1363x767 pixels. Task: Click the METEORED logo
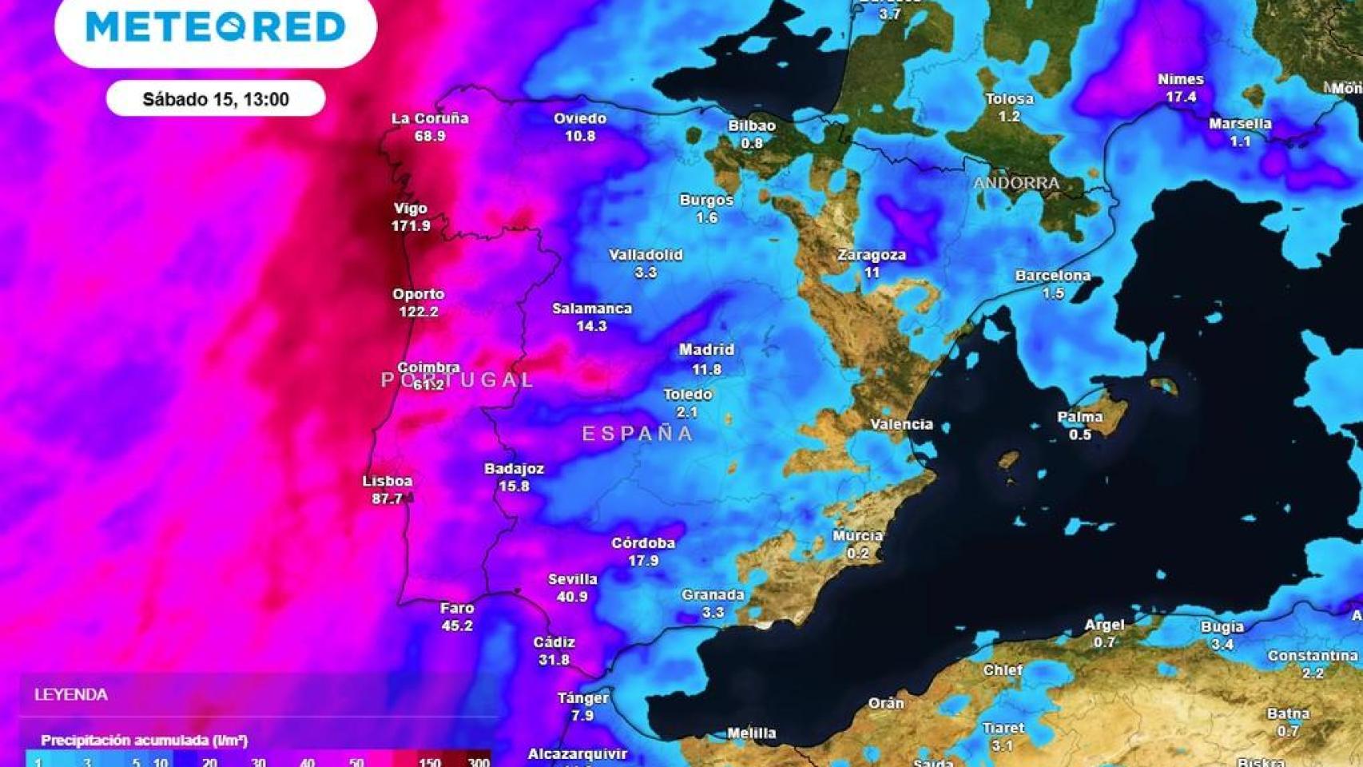coord(215,26)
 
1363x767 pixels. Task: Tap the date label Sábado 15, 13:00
coord(216,99)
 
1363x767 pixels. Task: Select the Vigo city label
coord(411,209)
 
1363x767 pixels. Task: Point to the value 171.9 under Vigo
coord(411,226)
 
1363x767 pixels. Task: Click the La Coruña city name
coord(430,118)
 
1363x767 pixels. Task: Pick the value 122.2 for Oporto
coord(418,312)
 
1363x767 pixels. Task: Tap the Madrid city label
coord(706,350)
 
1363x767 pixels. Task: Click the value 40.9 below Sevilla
coord(572,597)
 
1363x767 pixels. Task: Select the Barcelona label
coord(1052,276)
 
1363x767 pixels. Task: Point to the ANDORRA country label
coord(1015,183)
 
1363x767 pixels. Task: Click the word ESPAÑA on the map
coord(638,434)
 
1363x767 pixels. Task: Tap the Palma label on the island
coord(1079,417)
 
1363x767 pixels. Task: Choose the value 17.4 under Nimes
coord(1181,97)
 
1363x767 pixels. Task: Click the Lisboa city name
coord(387,481)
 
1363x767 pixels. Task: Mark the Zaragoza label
coord(872,255)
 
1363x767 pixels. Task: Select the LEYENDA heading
coord(71,695)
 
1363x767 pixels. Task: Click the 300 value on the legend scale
coord(479,761)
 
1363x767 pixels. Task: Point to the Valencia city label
coord(901,424)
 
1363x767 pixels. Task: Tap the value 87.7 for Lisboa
coord(387,499)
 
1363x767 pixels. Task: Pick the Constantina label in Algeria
coord(1312,656)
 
